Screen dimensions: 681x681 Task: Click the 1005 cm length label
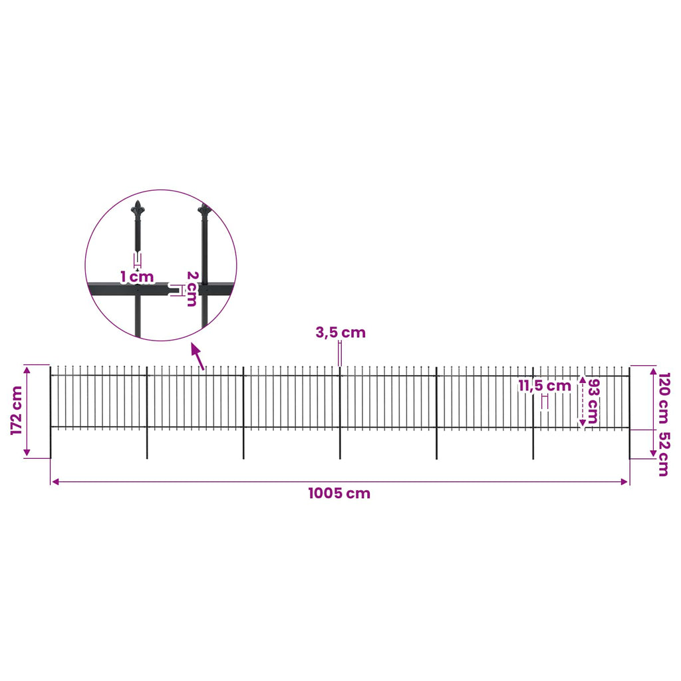[339, 493]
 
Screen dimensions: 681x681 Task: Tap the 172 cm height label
[17, 410]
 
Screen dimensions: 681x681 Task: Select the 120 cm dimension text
[664, 398]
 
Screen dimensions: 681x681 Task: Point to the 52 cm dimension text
[664, 454]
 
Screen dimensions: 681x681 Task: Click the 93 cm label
[593, 401]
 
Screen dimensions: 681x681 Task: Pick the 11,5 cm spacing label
[545, 386]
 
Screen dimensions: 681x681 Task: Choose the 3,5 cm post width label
[340, 333]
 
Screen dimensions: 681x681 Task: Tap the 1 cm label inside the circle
[137, 277]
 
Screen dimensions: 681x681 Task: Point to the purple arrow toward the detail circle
[198, 357]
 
